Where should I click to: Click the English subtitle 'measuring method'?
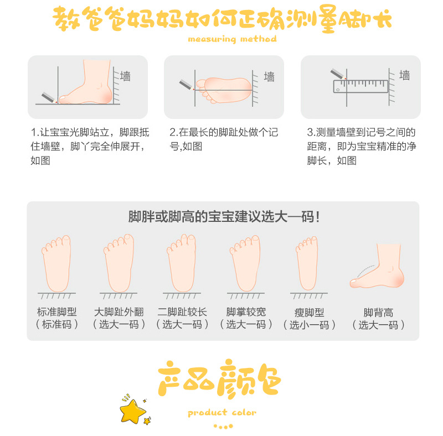coord(232,39)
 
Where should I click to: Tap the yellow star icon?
coord(132,410)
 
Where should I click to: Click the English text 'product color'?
coord(222,412)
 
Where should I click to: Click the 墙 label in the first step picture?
coord(126,76)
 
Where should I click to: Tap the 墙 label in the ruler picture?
coord(405,75)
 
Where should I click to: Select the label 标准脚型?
coord(57,312)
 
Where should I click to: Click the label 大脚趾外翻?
coord(119,312)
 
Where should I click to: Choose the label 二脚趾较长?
coord(182,312)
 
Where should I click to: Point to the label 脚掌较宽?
coord(246,312)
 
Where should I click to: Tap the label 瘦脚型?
coord(310,312)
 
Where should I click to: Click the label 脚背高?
coord(379,312)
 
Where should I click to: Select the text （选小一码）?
coord(310,325)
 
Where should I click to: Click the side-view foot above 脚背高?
coord(379,267)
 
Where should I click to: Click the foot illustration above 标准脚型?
coord(56,263)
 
